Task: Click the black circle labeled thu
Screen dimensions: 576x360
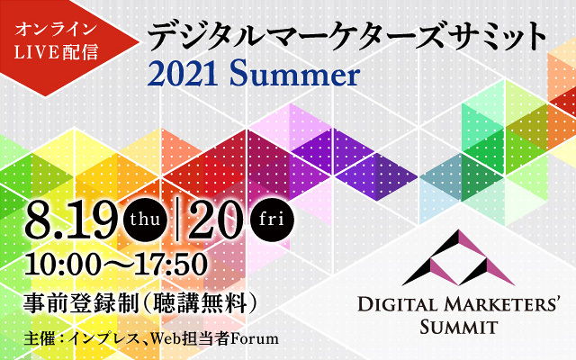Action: tap(146, 220)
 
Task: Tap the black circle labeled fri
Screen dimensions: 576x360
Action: tap(272, 220)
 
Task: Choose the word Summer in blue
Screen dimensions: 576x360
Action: tap(295, 75)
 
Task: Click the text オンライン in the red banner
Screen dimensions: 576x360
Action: tap(56, 30)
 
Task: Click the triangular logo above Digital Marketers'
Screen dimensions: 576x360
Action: tap(458, 257)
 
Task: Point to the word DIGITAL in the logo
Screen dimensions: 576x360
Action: tap(398, 305)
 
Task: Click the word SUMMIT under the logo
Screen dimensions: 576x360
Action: tap(459, 327)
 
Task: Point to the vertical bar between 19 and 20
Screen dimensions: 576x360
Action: tap(178, 220)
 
